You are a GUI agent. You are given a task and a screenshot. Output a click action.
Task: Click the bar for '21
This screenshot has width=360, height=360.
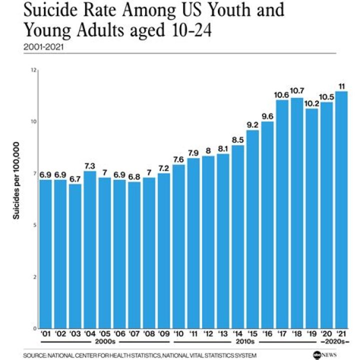[x=341, y=210]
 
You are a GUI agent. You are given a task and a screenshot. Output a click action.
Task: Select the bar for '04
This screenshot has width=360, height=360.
[x=90, y=250]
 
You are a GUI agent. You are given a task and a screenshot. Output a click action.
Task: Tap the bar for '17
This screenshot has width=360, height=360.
[x=282, y=214]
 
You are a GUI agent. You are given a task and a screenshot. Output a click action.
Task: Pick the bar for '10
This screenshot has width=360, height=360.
[x=178, y=246]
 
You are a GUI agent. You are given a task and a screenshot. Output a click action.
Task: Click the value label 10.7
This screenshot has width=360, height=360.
[x=297, y=91]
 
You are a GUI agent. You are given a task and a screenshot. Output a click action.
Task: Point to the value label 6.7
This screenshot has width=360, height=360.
[x=75, y=179]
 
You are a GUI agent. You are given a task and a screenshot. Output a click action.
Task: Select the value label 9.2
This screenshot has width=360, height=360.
[x=252, y=125]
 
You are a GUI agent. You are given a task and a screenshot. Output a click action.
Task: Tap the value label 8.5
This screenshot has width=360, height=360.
[x=238, y=140]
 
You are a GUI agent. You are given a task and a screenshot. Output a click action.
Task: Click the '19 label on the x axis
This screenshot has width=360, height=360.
[x=312, y=333]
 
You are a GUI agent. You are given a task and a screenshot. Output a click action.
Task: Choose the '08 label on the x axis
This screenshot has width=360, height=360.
[x=149, y=333]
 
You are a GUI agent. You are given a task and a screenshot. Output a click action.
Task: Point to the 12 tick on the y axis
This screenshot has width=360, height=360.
[x=34, y=70]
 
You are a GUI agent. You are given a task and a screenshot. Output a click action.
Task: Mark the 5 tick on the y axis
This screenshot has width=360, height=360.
[x=35, y=225]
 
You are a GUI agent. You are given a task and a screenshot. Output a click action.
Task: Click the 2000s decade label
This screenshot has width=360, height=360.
[x=105, y=341]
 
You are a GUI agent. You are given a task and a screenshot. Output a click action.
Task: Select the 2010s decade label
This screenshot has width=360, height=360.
[x=245, y=341]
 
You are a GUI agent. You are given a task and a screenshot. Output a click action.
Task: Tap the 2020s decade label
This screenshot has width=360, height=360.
[x=335, y=341]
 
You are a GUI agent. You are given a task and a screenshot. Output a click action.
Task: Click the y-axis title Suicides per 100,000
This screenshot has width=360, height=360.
[x=16, y=180]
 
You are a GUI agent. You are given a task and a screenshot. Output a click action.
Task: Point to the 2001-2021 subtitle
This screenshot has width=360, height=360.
[x=43, y=47]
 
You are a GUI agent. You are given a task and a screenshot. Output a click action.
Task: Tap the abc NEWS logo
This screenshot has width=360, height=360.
[x=324, y=355]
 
